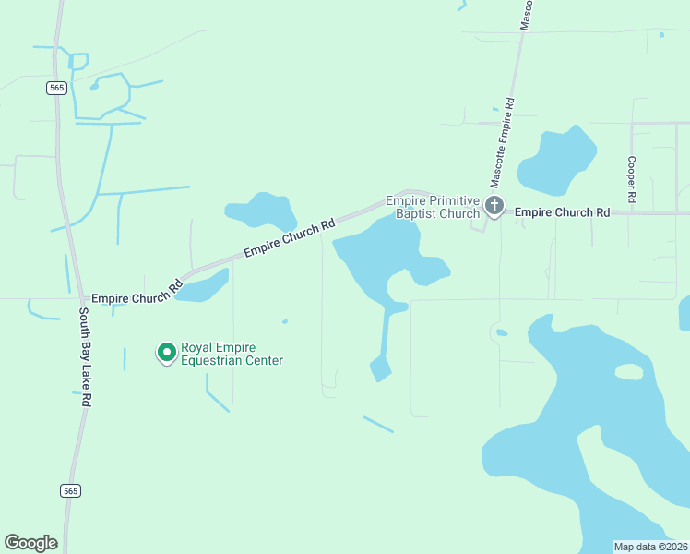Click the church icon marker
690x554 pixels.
click(x=494, y=205)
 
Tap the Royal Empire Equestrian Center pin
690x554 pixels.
click(x=166, y=352)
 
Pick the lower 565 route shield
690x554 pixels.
click(x=71, y=490)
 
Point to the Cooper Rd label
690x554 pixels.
click(x=632, y=179)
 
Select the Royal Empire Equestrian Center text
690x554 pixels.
click(x=232, y=354)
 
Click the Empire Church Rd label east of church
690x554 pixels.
click(x=562, y=212)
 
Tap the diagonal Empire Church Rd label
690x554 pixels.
click(x=288, y=239)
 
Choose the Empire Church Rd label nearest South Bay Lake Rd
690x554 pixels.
click(x=137, y=295)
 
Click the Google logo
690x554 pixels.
click(x=30, y=542)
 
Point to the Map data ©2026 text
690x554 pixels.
click(x=650, y=547)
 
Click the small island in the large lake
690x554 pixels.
click(x=628, y=371)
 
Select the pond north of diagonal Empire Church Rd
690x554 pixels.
click(x=262, y=211)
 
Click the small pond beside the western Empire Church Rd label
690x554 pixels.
click(x=205, y=285)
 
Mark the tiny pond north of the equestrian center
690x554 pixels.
click(x=285, y=321)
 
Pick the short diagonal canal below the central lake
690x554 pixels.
click(x=378, y=425)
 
